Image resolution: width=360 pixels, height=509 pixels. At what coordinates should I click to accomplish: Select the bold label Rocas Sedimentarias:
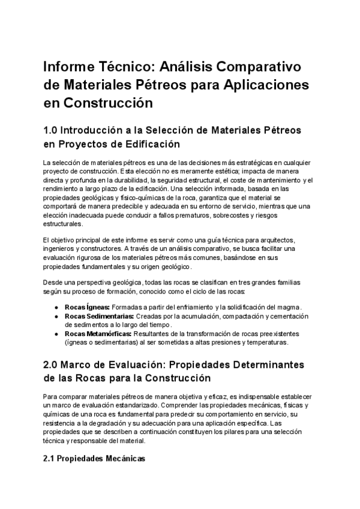[99, 316]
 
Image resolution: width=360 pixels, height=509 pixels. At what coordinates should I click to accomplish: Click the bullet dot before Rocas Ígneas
[56, 307]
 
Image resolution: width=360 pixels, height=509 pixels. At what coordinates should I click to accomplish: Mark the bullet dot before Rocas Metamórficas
[56, 334]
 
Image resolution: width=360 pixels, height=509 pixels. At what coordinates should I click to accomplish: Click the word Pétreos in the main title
[171, 84]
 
